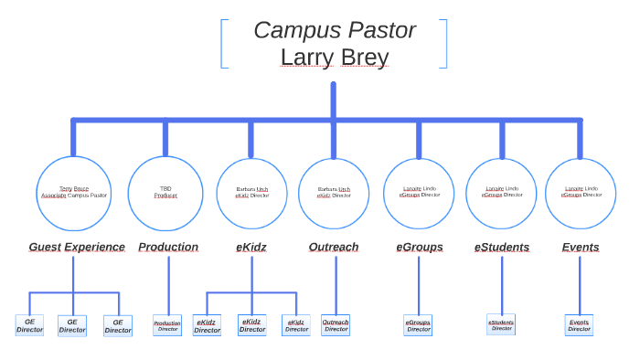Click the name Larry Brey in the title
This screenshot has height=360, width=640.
[x=335, y=58]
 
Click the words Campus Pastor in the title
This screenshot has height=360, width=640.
[x=335, y=30]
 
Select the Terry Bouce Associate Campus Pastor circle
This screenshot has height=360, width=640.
[x=73, y=193]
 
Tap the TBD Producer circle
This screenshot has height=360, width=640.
[x=165, y=193]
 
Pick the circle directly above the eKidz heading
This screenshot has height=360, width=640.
[x=252, y=193]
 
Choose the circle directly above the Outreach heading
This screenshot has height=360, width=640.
[x=334, y=193]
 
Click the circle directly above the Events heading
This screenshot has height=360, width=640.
[x=581, y=193]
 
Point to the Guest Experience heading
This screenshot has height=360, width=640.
[x=77, y=247]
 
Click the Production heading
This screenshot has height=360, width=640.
[x=168, y=247]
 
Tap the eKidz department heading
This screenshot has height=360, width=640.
[x=251, y=247]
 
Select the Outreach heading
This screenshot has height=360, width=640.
[x=334, y=247]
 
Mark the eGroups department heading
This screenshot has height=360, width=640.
[x=420, y=247]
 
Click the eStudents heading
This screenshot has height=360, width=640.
[x=502, y=247]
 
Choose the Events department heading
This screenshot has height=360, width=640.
[x=581, y=247]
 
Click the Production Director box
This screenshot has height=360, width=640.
[x=167, y=325]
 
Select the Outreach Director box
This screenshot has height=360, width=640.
[x=336, y=325]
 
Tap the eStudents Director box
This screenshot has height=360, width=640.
[x=501, y=324]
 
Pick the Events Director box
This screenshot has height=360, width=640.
[x=579, y=325]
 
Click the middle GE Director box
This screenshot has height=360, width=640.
[x=72, y=325]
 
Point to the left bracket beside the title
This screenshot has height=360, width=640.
[x=223, y=44]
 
